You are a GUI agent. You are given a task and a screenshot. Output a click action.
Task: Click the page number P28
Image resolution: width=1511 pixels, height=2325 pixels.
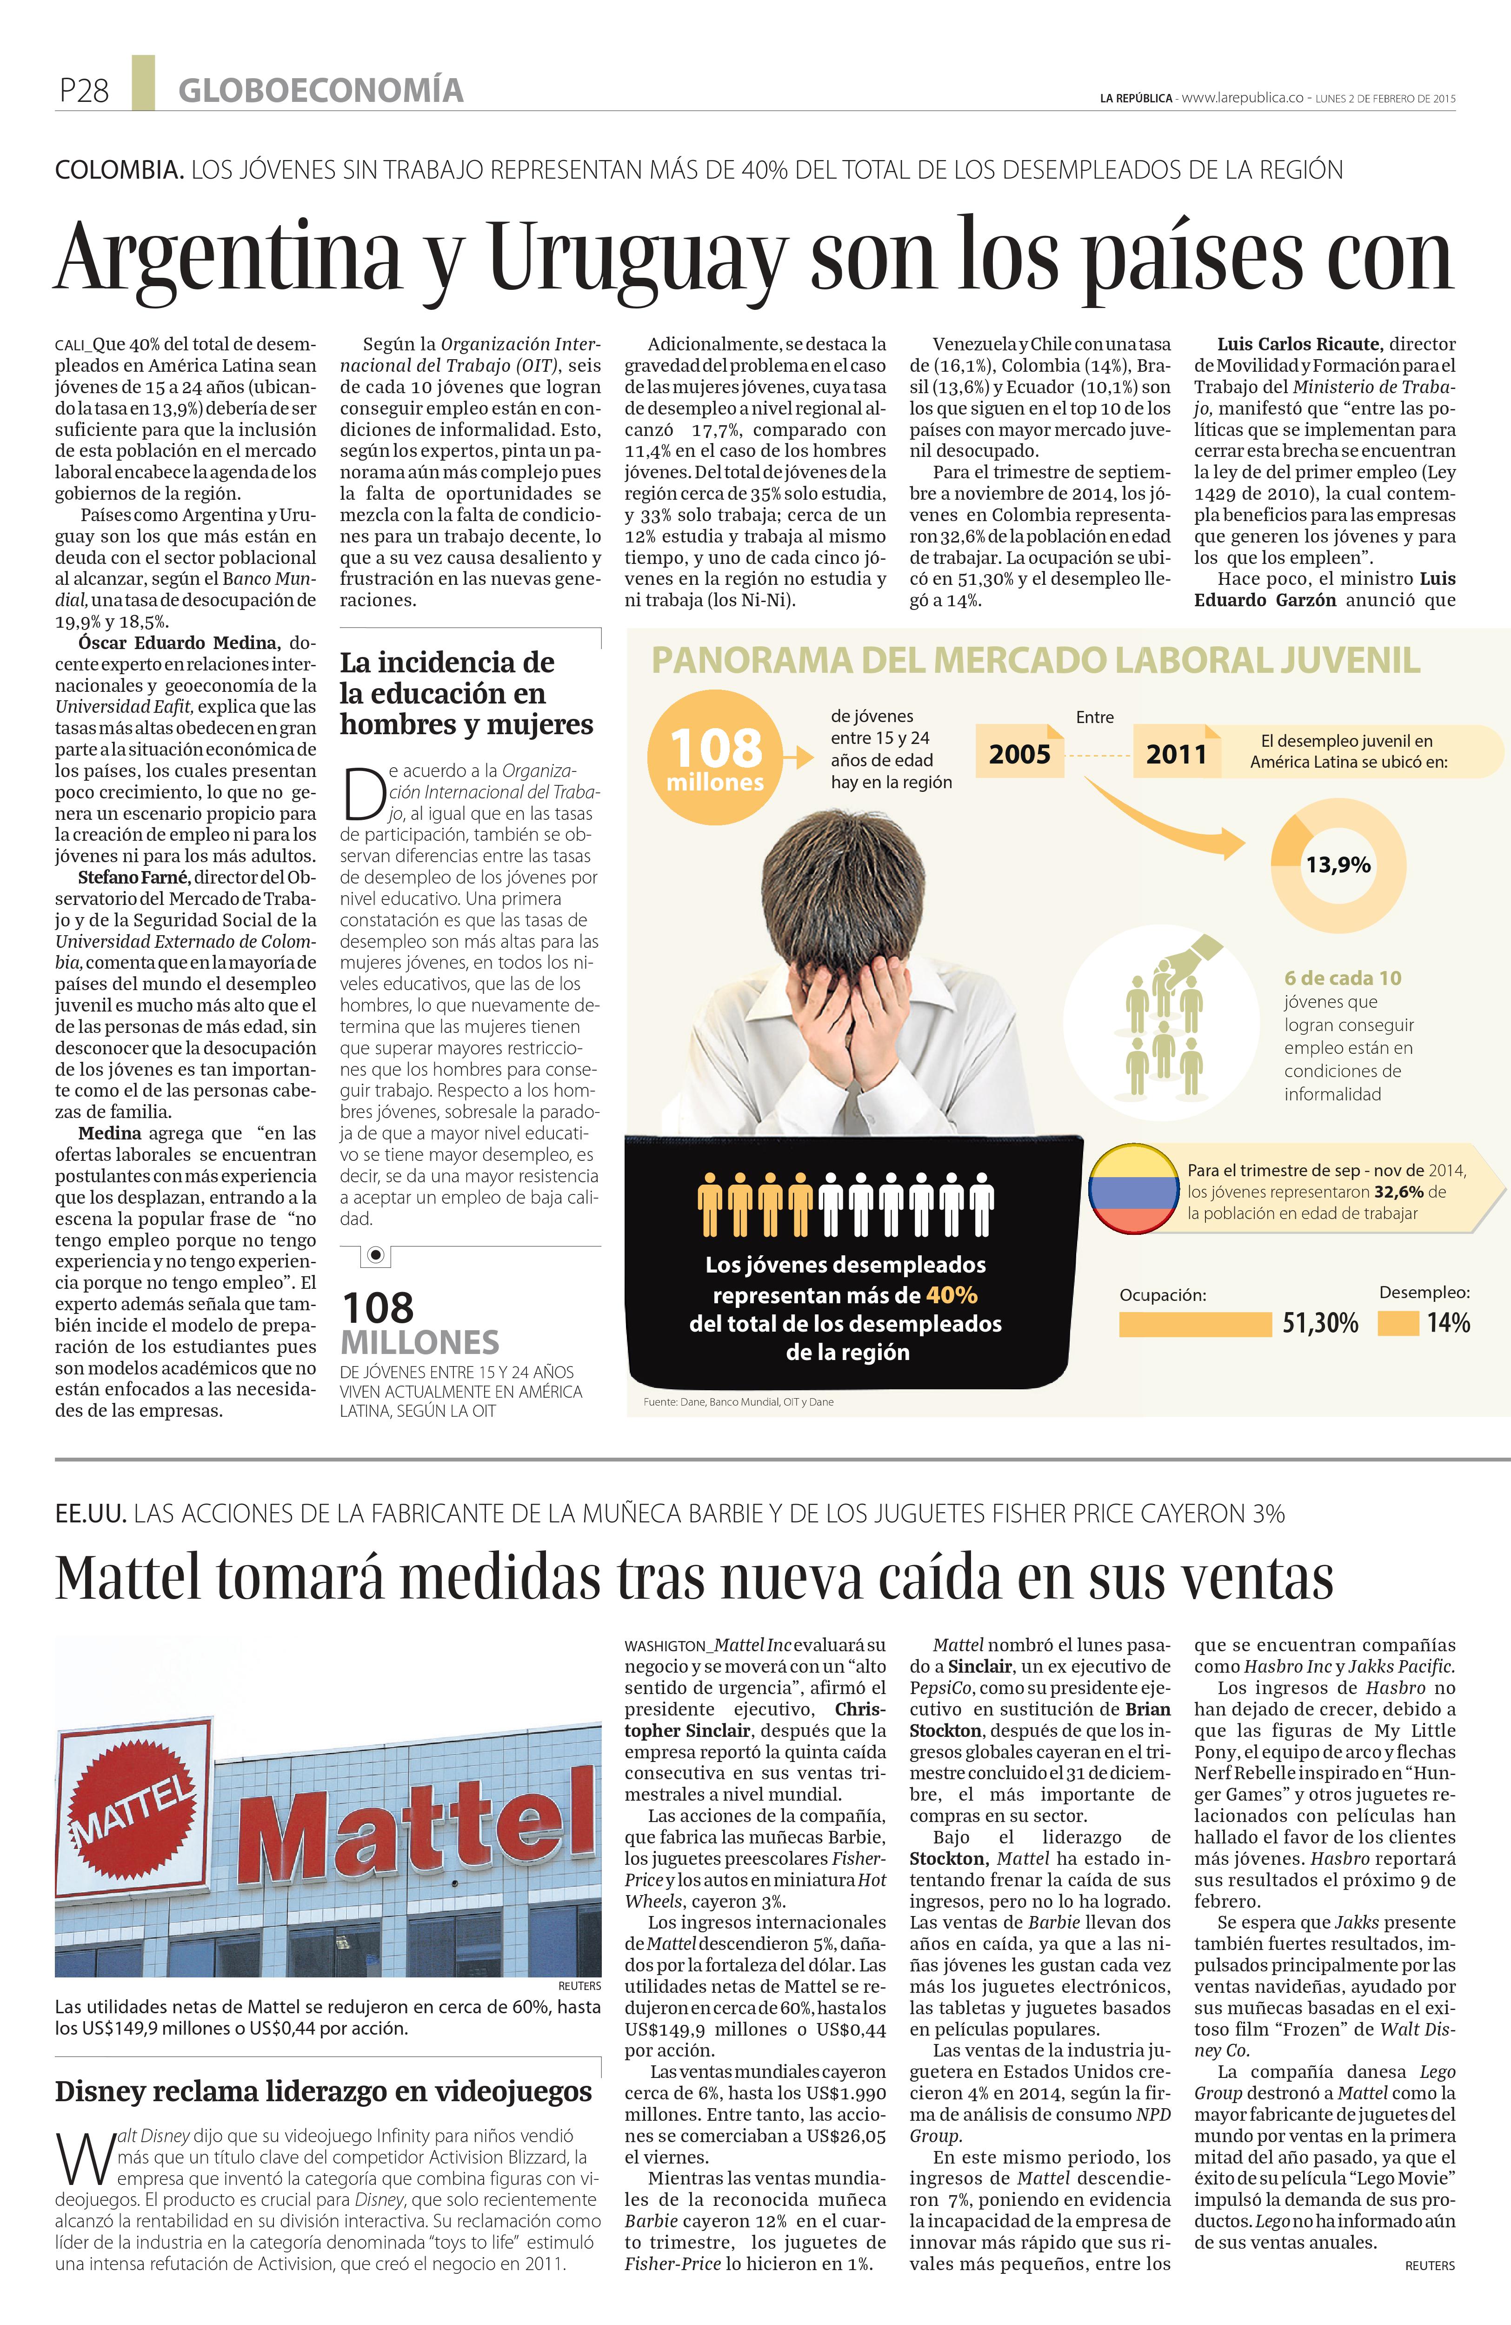pyautogui.click(x=84, y=91)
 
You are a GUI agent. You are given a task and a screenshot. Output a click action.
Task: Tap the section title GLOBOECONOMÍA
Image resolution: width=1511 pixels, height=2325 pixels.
pyautogui.click(x=320, y=91)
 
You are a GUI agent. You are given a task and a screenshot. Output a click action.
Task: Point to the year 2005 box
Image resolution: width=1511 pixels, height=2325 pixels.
pyautogui.click(x=1020, y=753)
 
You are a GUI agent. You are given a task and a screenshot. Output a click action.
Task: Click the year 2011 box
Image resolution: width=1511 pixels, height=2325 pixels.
pyautogui.click(x=1176, y=753)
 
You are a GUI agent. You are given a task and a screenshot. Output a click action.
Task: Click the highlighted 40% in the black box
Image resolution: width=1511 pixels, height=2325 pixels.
pyautogui.click(x=952, y=1295)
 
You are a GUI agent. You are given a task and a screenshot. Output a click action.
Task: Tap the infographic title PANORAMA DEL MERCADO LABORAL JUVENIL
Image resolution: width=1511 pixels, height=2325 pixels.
pyautogui.click(x=1035, y=660)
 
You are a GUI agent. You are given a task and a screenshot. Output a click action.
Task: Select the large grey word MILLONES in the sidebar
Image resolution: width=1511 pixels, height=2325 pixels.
pyautogui.click(x=420, y=1342)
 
